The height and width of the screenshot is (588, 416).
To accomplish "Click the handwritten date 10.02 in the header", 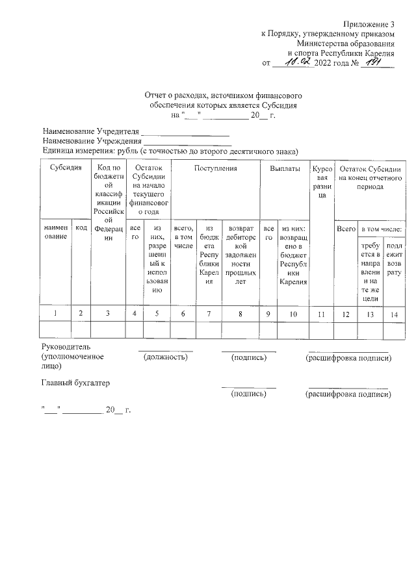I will pyautogui.click(x=293, y=62).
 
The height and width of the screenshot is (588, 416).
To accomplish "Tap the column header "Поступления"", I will pyautogui.click(x=215, y=168).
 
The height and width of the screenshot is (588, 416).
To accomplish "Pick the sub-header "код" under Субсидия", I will pyautogui.click(x=81, y=228).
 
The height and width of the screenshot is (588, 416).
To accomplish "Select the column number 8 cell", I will pyautogui.click(x=240, y=314).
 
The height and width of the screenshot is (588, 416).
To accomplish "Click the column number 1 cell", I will pyautogui.click(x=55, y=314).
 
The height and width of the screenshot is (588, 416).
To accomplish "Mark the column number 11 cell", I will pyautogui.click(x=321, y=314).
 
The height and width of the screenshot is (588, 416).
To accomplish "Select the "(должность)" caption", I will pyautogui.click(x=165, y=357).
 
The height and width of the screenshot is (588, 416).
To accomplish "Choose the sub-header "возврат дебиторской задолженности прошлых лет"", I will pyautogui.click(x=240, y=255).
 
